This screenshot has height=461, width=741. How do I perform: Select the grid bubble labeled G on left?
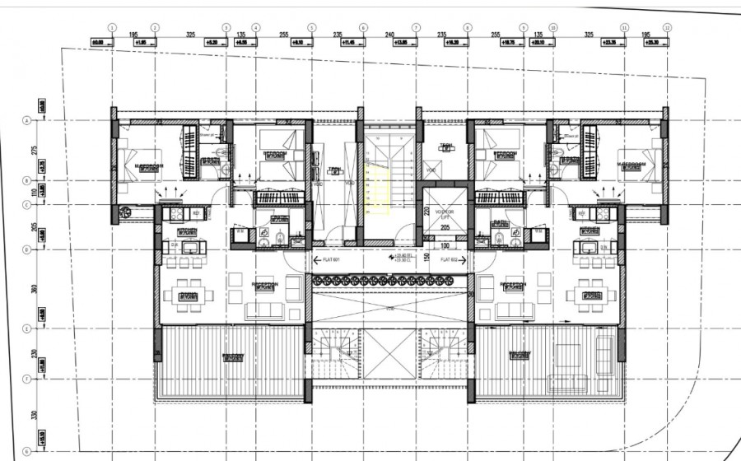click(x=27, y=450)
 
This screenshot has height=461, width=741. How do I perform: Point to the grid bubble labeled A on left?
click(x=27, y=121)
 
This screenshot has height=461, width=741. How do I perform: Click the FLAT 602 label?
click(x=450, y=259)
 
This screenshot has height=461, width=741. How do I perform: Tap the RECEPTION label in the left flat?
click(x=263, y=286)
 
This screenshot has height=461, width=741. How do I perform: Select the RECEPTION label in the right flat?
click(x=513, y=286)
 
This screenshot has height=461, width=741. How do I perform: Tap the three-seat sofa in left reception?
click(x=263, y=310)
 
